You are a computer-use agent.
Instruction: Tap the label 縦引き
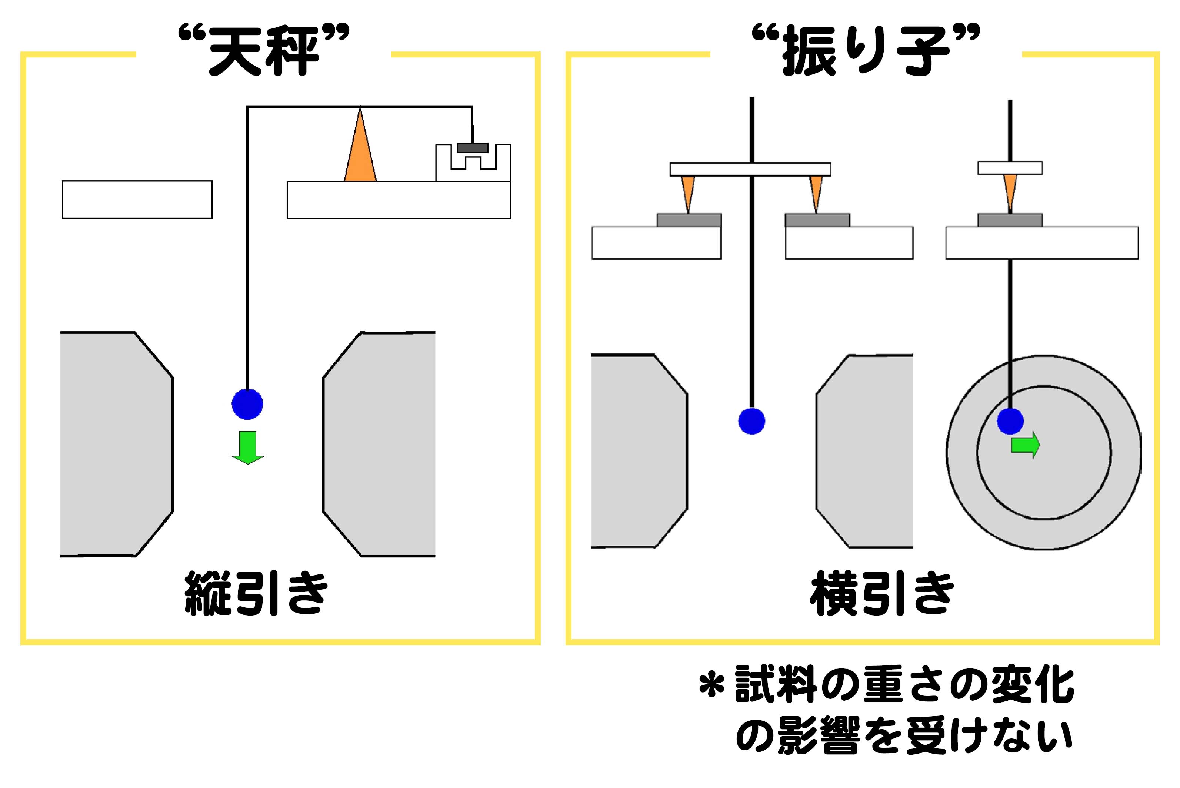tap(256, 593)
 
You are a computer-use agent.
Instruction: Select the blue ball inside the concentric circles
tap(1010, 420)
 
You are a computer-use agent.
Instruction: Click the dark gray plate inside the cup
tap(473, 148)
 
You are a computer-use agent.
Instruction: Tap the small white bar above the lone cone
tap(1010, 168)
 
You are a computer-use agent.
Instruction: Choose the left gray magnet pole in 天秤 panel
tap(117, 444)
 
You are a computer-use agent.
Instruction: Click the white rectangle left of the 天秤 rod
tap(137, 199)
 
